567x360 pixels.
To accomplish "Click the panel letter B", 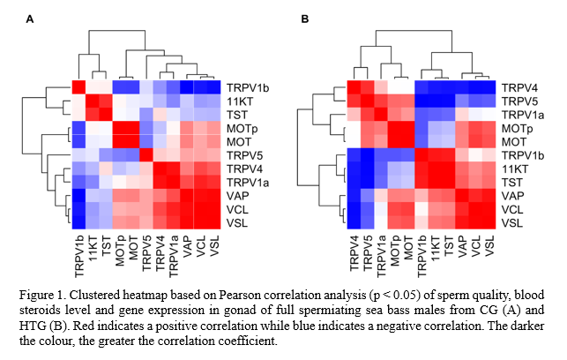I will tap(305, 19).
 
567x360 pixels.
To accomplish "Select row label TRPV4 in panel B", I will tap(521, 88).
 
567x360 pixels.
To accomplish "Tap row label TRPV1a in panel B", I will tap(524, 115).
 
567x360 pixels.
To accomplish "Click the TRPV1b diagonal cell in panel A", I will tap(78, 87).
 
